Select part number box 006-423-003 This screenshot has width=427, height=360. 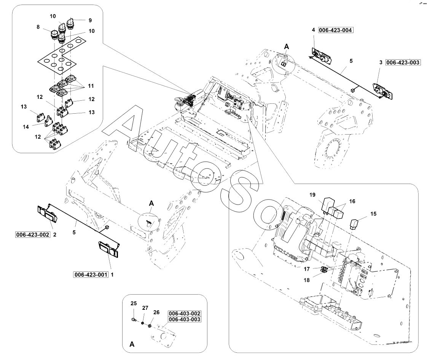tap(403, 62)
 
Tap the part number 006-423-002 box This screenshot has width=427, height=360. tap(33, 235)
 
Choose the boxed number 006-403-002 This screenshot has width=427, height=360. tap(184, 314)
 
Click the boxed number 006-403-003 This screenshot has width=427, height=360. tap(184, 319)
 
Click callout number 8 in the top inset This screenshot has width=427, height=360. tap(38, 27)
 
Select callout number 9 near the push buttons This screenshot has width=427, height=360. tap(90, 20)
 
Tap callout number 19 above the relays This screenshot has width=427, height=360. tap(312, 195)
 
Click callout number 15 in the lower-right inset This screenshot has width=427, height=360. tap(373, 214)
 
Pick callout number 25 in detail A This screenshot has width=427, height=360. tap(134, 303)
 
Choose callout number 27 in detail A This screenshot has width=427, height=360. tap(145, 308)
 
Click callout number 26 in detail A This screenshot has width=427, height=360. tap(156, 312)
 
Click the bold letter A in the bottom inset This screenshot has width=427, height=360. tap(132, 344)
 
